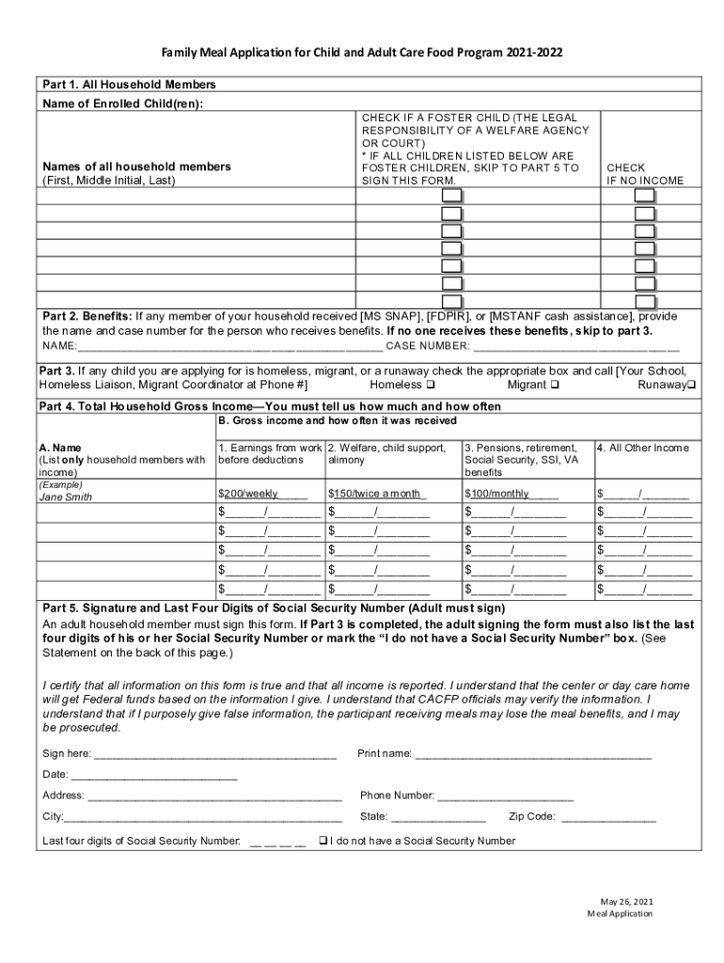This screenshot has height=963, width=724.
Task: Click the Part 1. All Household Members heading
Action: [129, 85]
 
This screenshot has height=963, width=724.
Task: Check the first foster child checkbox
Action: [452, 197]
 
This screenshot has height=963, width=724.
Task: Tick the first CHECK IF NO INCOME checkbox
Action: [644, 197]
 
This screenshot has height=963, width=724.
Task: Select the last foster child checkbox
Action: [452, 301]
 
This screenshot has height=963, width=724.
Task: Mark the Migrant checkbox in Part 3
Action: [555, 386]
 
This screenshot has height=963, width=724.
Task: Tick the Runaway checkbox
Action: [691, 386]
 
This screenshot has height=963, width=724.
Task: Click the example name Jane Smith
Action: [65, 497]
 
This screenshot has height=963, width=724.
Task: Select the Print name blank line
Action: [532, 754]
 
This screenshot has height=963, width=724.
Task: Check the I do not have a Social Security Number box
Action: [323, 841]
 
